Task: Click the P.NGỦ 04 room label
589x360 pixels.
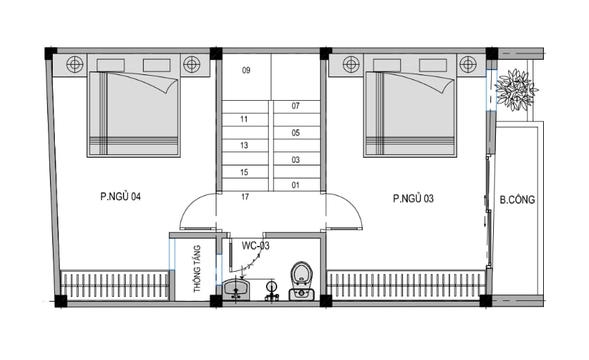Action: click(x=120, y=196)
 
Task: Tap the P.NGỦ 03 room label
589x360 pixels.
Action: click(x=413, y=198)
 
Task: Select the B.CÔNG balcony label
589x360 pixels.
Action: click(x=517, y=199)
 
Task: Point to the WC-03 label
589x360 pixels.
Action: click(x=256, y=246)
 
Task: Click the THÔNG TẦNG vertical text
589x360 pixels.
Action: click(x=197, y=269)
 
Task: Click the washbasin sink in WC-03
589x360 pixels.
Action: click(x=236, y=289)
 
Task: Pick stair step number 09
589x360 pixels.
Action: click(x=246, y=70)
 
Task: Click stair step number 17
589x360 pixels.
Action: click(x=245, y=197)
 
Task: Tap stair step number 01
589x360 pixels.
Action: click(x=296, y=185)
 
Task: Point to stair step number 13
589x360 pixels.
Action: click(x=244, y=145)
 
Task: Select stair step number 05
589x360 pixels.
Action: click(x=296, y=133)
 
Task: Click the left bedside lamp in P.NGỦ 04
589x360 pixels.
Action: click(x=75, y=64)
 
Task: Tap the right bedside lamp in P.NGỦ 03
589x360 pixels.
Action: click(x=467, y=64)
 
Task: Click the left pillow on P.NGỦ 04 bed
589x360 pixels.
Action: click(x=111, y=65)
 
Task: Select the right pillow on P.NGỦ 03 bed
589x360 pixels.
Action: click(x=433, y=65)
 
